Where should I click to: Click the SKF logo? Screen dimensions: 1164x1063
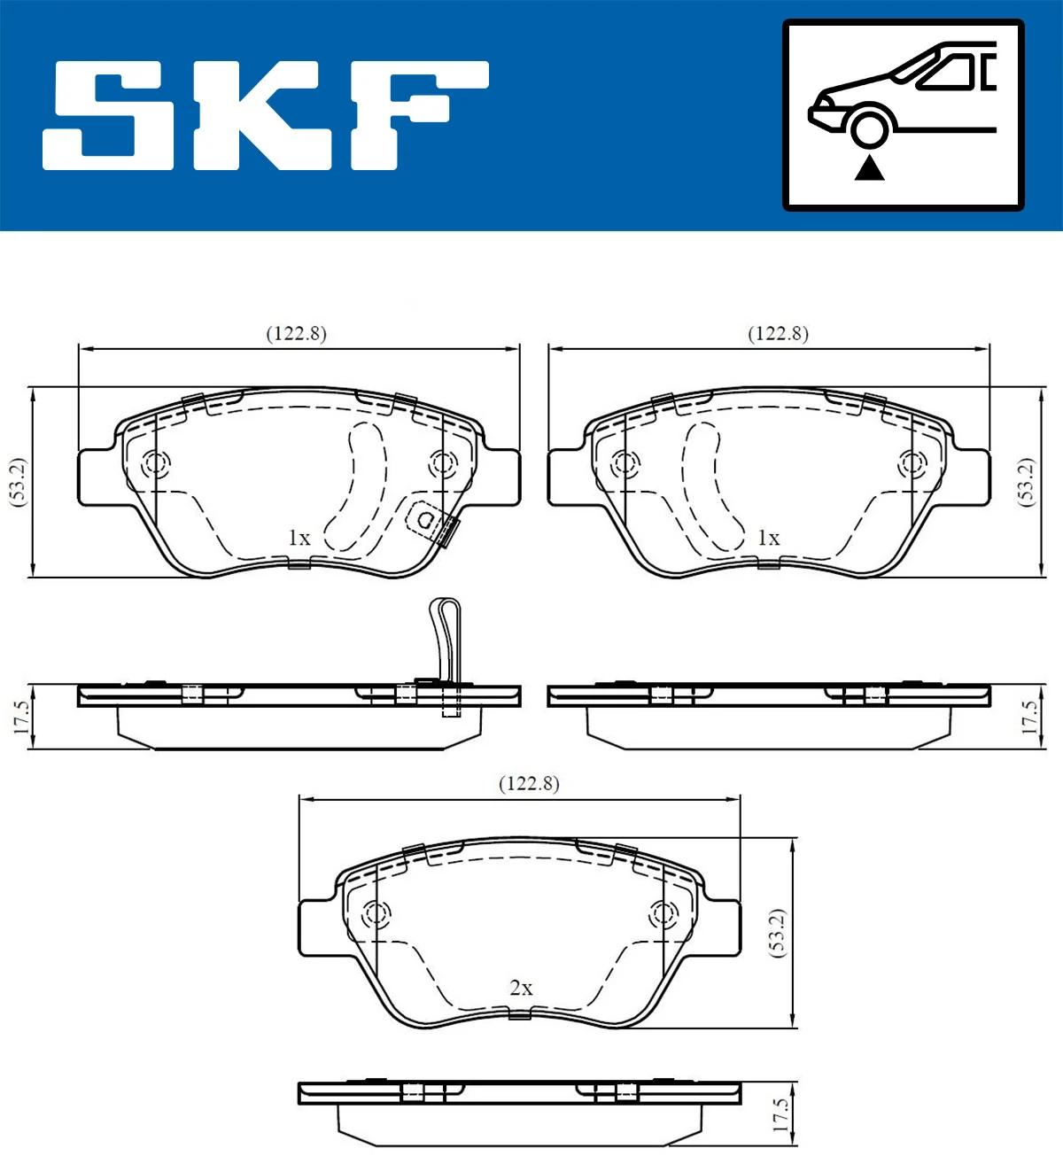tap(266, 115)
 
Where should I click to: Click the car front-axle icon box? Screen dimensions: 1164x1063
tap(903, 115)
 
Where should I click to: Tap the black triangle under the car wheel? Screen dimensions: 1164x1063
tap(870, 167)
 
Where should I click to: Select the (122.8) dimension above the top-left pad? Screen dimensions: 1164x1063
tap(297, 334)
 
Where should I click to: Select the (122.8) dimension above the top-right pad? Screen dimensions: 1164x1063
tap(779, 334)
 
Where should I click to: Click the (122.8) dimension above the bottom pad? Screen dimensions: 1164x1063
tap(529, 784)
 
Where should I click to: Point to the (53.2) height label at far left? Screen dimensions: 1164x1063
tap(19, 483)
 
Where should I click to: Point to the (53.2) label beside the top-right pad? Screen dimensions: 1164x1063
tap(1026, 483)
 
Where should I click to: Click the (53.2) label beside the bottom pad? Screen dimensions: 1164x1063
tap(777, 932)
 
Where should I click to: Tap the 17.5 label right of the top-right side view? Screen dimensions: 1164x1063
tap(1028, 717)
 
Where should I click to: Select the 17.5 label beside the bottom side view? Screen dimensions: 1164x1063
tap(779, 1114)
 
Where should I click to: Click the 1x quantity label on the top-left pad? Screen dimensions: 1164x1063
tap(299, 538)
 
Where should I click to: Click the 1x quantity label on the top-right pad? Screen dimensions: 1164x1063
tap(768, 538)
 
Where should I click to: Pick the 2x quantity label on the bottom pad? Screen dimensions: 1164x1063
tap(521, 988)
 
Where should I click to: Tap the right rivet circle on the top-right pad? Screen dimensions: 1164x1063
tap(911, 462)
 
